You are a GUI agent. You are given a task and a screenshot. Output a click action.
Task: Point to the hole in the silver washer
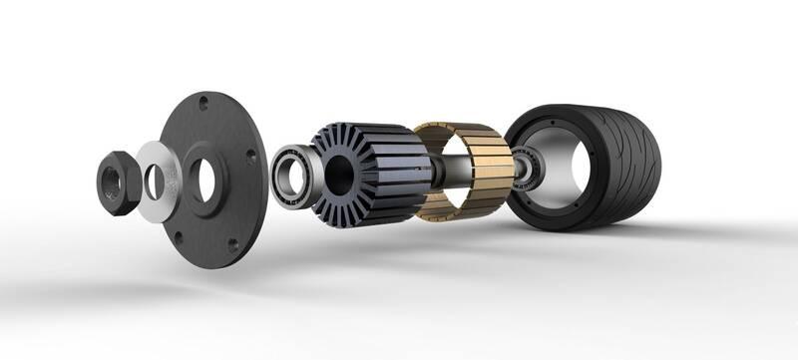155,180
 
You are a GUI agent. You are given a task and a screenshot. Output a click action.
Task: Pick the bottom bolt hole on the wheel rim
553,214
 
